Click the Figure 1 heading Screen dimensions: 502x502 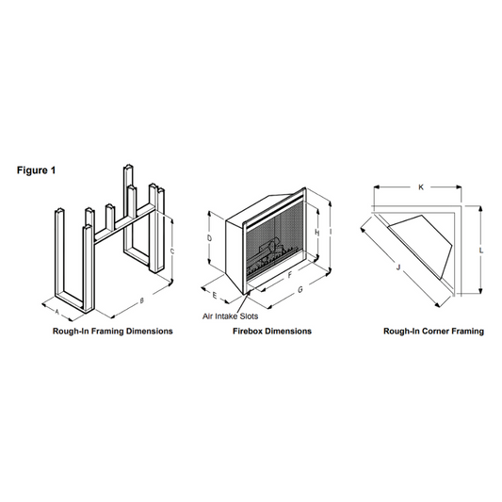pyautogui.click(x=36, y=170)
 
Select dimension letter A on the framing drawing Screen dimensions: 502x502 pyautogui.click(x=57, y=311)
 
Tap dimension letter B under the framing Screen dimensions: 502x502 pyautogui.click(x=142, y=300)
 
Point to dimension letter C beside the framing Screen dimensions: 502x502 pyautogui.click(x=172, y=251)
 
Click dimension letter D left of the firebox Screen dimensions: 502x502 pyautogui.click(x=209, y=238)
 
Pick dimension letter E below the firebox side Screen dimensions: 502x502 pyautogui.click(x=215, y=295)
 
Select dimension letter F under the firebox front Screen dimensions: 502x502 pyautogui.click(x=290, y=275)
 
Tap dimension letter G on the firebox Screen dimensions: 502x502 pyautogui.click(x=300, y=290)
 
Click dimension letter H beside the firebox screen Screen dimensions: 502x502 pyautogui.click(x=317, y=233)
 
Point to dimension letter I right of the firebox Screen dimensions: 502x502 pyautogui.click(x=330, y=231)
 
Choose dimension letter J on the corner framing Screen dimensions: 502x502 pyautogui.click(x=398, y=267)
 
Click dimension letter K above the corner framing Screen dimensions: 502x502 pyautogui.click(x=421, y=187)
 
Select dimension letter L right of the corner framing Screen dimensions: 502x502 pyautogui.click(x=481, y=251)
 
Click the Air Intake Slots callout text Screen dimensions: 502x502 pyautogui.click(x=230, y=316)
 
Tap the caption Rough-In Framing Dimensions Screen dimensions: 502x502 pyautogui.click(x=113, y=331)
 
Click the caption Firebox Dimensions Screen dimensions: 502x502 pyautogui.click(x=272, y=331)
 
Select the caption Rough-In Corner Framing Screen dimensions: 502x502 pyautogui.click(x=434, y=331)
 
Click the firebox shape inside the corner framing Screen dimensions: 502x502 pyautogui.click(x=421, y=245)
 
